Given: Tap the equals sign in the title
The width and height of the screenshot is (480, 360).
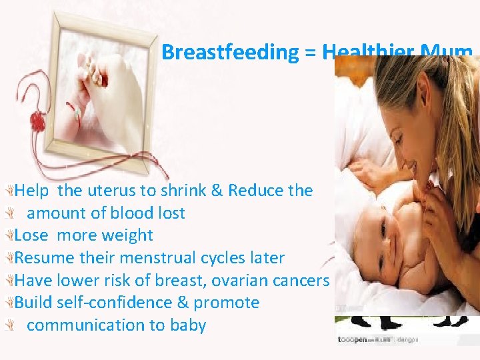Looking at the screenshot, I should coord(311,53).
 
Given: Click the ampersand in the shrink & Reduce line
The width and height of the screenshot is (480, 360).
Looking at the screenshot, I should coord(217,191).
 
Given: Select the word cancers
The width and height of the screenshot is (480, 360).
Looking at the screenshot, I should coord(303,281).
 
